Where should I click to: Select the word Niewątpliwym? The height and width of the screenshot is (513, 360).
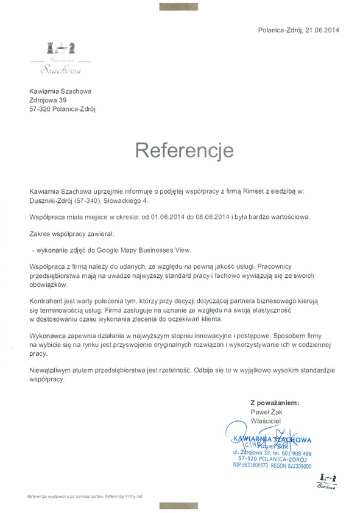pos(54,370)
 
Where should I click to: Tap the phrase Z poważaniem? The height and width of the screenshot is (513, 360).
pos(275,403)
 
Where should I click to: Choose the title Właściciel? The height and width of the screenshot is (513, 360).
pos(267,421)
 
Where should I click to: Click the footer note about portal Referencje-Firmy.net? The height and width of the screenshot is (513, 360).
pos(84,497)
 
